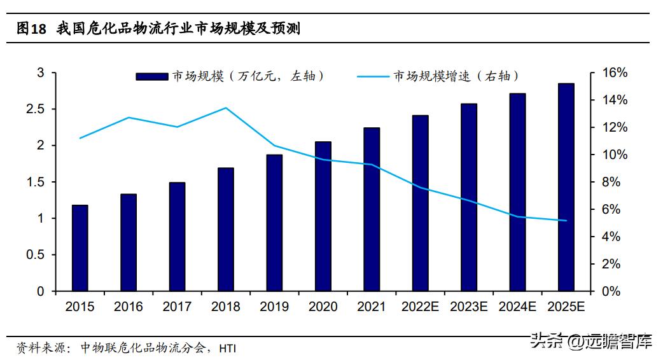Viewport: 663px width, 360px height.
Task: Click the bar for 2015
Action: [80, 248]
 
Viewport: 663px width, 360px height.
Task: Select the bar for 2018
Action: [226, 229]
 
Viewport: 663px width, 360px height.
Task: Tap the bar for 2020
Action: [323, 216]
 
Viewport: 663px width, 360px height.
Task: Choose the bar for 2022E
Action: [421, 203]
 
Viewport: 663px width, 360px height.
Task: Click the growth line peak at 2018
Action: [226, 108]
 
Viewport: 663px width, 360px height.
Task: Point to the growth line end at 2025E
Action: [566, 221]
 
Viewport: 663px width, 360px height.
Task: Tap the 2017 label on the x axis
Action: [177, 307]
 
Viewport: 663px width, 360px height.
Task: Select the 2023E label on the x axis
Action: [469, 307]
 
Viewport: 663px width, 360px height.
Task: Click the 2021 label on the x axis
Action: [372, 307]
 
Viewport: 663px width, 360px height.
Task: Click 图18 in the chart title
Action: [32, 29]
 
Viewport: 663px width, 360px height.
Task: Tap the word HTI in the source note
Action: [227, 349]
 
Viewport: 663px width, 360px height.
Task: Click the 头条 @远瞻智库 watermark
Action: [591, 342]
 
